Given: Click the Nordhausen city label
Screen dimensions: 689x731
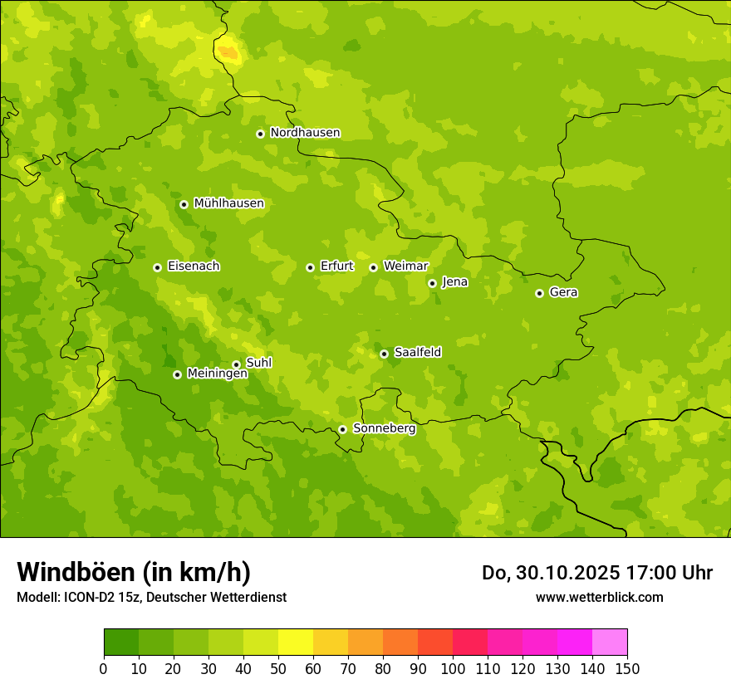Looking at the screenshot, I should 305,133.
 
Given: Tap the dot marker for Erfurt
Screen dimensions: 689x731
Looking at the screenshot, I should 310,267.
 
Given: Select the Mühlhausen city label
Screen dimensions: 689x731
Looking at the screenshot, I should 228,203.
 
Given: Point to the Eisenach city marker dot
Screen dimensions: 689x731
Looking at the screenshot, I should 157,267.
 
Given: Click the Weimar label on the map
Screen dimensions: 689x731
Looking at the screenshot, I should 405,266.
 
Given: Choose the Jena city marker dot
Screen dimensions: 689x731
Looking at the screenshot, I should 432,283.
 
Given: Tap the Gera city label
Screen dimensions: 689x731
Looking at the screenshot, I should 563,292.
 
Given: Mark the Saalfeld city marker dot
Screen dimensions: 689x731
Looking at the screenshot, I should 384,354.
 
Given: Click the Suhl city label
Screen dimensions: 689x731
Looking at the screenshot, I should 258,363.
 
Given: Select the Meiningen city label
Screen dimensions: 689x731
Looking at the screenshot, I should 217,374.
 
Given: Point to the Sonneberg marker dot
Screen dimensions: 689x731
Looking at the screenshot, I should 342,429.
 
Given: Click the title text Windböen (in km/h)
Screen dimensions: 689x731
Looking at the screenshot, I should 134,572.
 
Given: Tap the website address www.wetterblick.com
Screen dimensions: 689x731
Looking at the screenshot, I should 599,597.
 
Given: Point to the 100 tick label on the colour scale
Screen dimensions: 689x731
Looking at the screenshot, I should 453,668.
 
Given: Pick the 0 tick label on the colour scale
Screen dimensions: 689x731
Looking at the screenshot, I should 104,668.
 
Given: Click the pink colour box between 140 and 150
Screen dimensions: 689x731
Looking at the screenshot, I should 609,643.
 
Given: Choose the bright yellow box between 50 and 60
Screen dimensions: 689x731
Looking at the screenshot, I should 296,643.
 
